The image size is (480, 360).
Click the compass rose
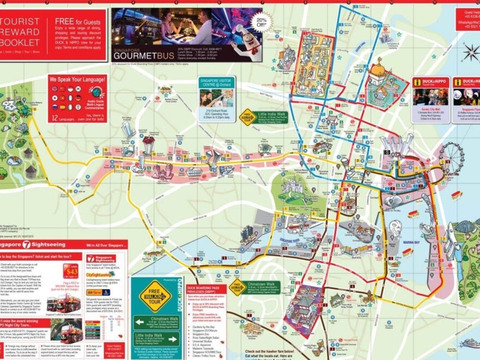click(x=470, y=52)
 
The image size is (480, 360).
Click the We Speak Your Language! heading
click(x=76, y=80)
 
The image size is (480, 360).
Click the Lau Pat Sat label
click(x=362, y=291)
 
